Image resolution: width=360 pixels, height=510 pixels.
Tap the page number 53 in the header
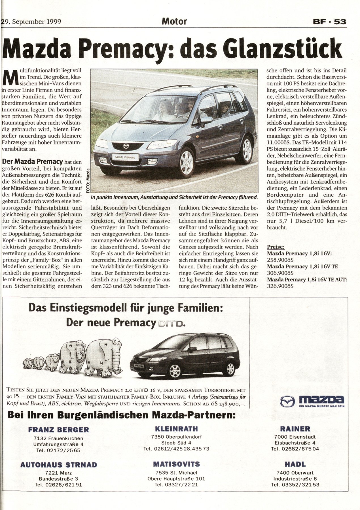pos(340,22)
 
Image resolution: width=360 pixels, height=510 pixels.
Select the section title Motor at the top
pos(174,21)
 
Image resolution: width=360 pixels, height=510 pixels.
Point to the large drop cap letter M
pos(12,78)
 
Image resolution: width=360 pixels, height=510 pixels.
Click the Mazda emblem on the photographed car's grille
pos(126,146)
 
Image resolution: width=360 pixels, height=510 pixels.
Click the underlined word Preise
pos(276,247)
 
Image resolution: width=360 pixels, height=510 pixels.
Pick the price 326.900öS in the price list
pos(280,286)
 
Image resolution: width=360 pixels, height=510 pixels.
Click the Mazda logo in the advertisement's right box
pos(312,401)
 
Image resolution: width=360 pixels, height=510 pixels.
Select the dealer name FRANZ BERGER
pos(59,430)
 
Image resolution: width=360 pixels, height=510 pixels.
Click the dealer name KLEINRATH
pos(176,428)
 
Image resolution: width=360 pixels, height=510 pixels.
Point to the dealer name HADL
pos(295,464)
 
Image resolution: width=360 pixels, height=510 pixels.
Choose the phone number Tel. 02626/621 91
pos(59,484)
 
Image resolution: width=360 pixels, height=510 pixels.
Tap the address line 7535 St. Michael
pos(176,473)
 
